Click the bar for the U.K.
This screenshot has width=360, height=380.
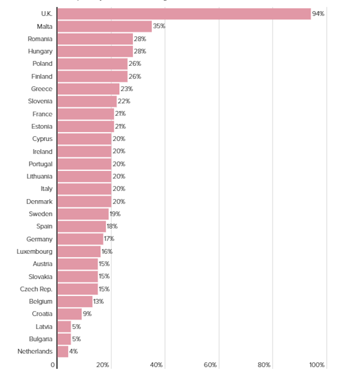184,14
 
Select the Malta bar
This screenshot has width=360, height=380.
104,26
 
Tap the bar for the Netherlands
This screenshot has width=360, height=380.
63,351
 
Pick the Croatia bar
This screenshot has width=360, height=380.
69,314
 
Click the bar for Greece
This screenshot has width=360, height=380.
88,89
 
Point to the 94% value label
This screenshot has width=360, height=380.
318,14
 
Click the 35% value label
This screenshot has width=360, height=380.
159,26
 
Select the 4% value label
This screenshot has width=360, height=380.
73,351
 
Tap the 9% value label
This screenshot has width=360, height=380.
86,314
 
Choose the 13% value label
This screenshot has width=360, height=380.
98,301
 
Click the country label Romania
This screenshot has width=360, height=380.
40,39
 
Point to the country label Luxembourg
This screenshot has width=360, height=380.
35,251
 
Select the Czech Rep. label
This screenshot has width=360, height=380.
36,289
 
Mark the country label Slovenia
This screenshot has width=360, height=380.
40,101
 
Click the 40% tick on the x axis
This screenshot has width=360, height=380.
156,365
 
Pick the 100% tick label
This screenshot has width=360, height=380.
317,365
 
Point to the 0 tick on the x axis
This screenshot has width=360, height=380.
53,365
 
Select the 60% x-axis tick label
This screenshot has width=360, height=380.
210,365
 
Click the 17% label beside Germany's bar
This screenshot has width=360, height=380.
109,239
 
